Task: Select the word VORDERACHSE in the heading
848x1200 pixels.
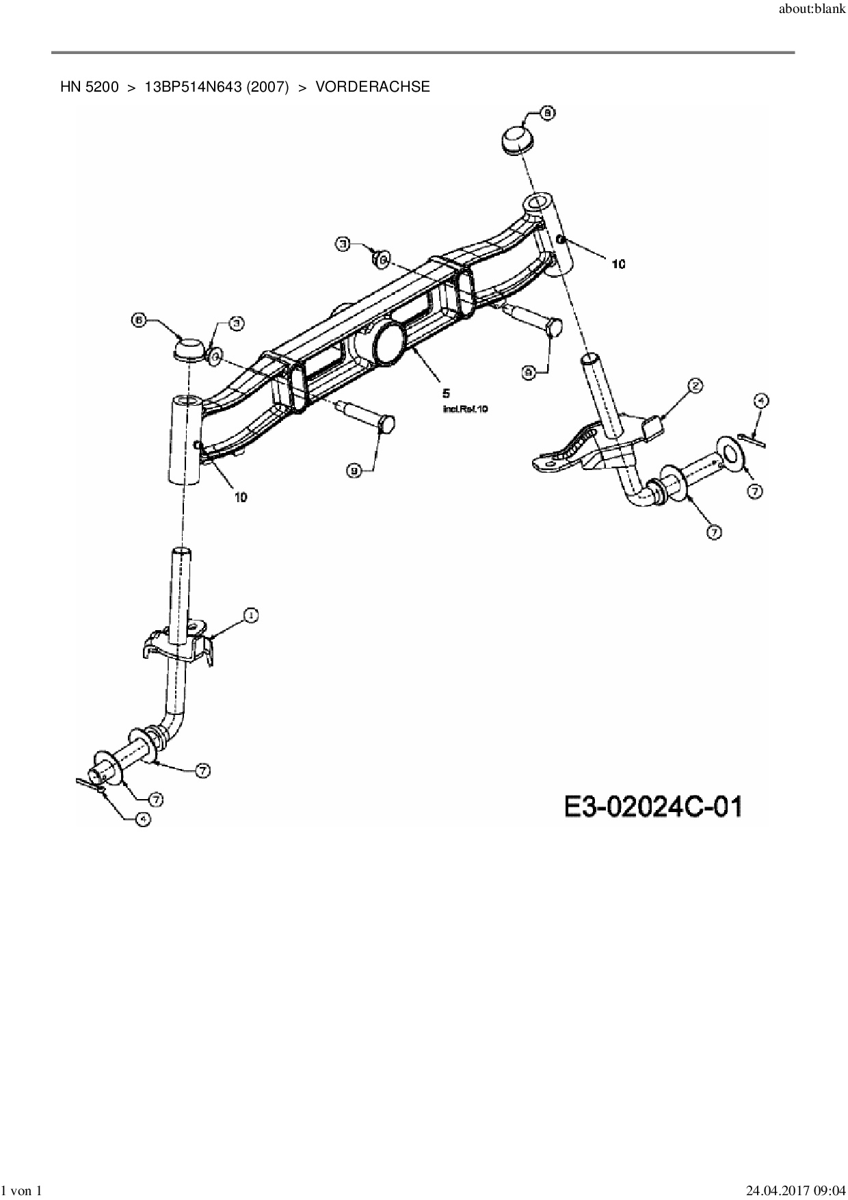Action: pyautogui.click(x=373, y=87)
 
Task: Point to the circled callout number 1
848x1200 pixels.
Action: pyautogui.click(x=251, y=616)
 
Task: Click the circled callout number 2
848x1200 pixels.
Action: pyautogui.click(x=694, y=386)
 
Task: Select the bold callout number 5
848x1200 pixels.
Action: pyautogui.click(x=446, y=393)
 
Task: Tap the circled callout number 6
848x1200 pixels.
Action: pyautogui.click(x=139, y=319)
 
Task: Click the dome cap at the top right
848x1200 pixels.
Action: pyautogui.click(x=516, y=142)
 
